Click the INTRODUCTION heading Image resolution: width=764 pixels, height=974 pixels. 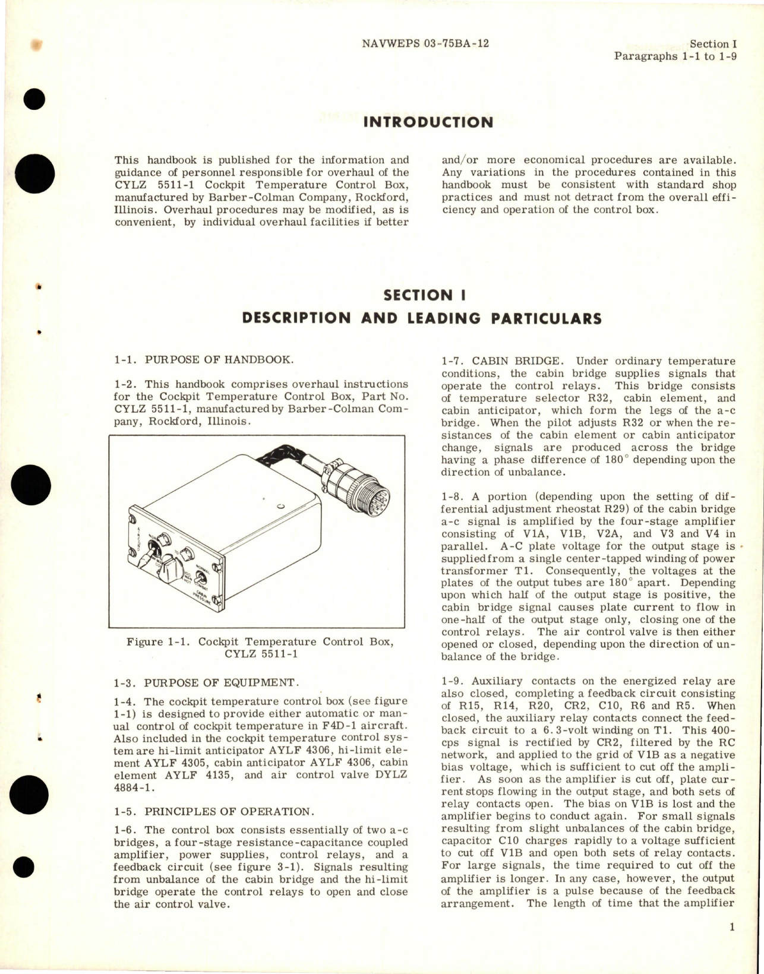tap(428, 122)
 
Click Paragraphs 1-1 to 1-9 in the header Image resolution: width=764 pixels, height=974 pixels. tap(675, 56)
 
